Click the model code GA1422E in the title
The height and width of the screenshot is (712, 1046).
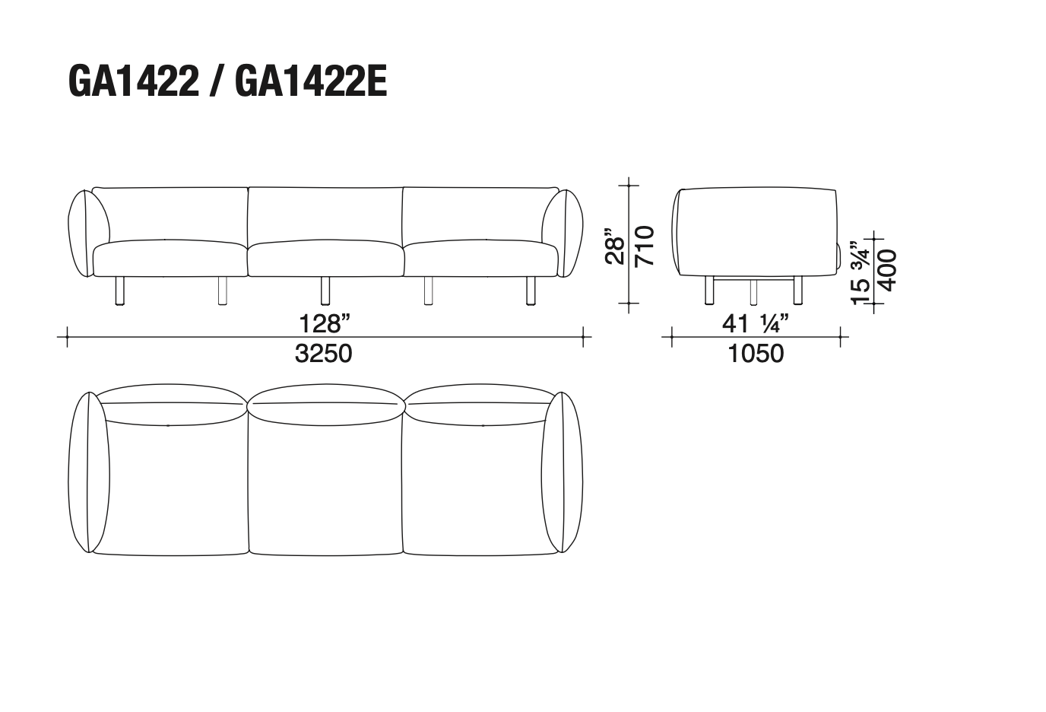(311, 81)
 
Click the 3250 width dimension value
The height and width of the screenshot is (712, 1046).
(324, 354)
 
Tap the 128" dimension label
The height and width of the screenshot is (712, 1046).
(325, 323)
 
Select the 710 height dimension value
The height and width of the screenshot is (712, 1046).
(645, 246)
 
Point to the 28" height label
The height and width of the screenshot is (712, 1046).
(615, 247)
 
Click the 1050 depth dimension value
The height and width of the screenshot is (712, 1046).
(756, 354)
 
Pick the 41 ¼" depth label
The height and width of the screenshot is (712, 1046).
(756, 323)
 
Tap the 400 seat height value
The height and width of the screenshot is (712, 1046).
(887, 271)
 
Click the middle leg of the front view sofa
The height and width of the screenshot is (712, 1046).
(325, 290)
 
